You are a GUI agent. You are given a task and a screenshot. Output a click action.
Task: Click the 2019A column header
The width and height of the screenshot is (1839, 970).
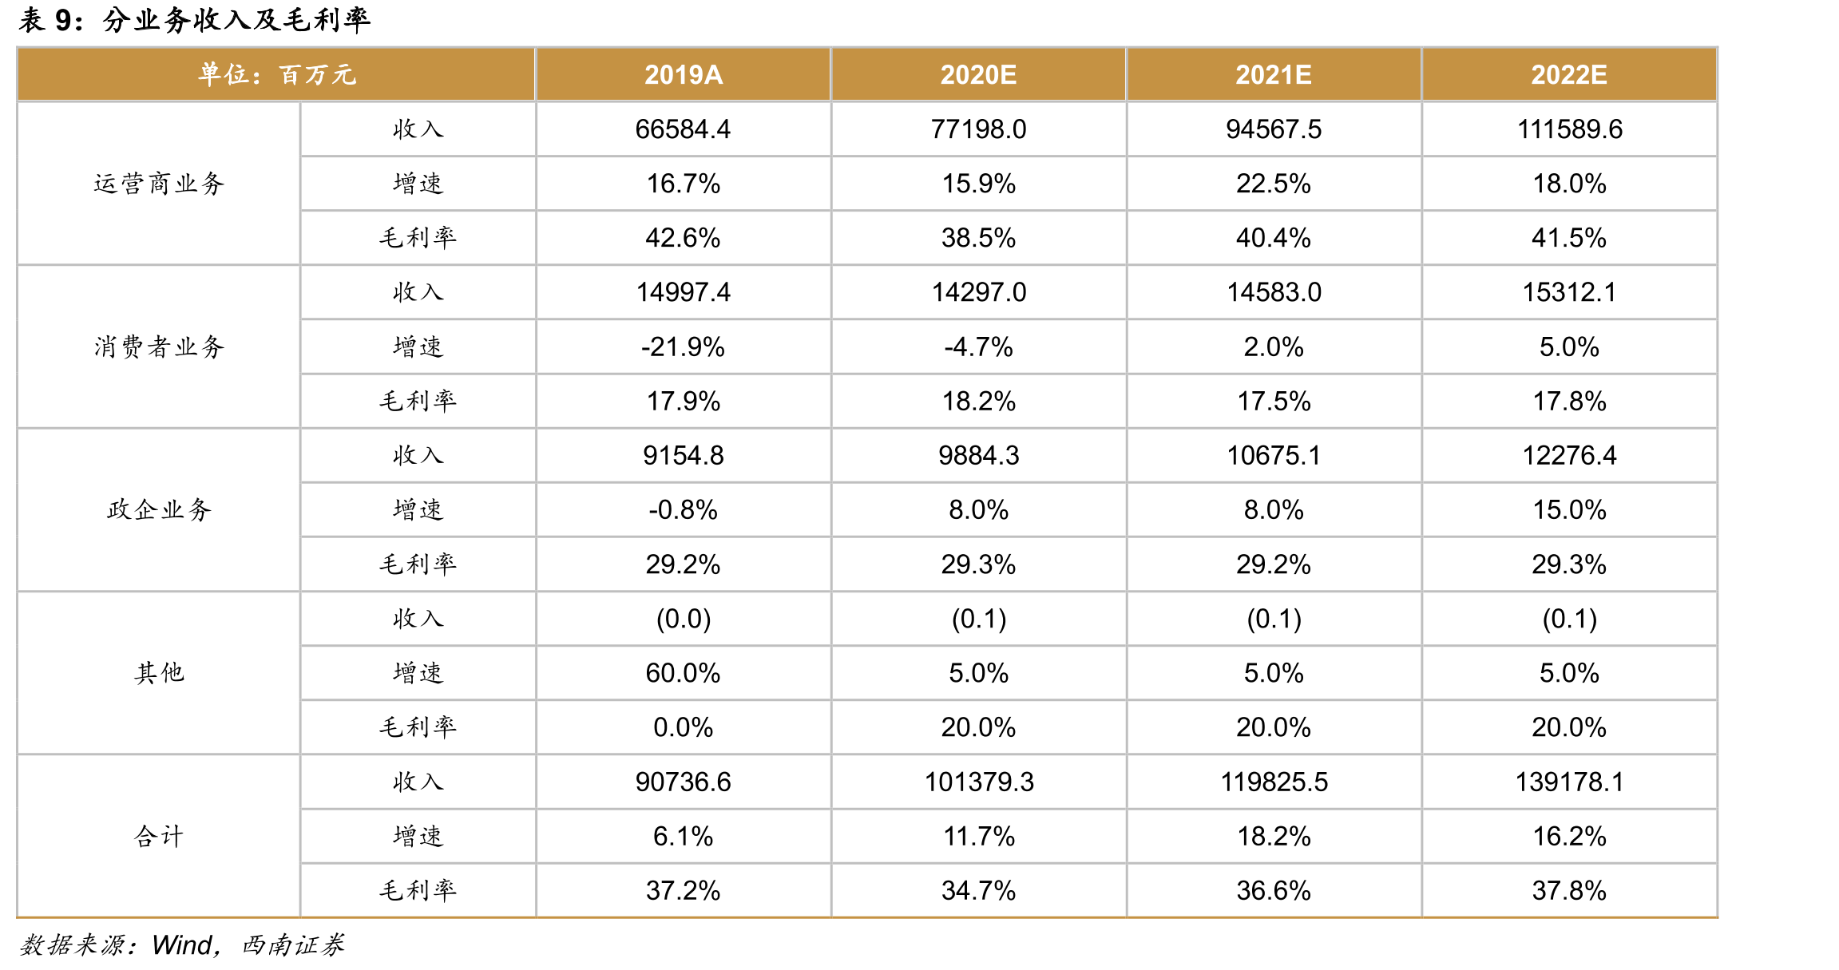point(684,75)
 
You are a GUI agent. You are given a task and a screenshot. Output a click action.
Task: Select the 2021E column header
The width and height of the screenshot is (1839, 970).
point(1274,75)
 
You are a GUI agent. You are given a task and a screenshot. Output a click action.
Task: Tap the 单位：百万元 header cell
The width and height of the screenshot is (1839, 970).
point(277,75)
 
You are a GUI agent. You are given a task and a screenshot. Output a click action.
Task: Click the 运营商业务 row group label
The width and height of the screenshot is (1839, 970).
point(159,184)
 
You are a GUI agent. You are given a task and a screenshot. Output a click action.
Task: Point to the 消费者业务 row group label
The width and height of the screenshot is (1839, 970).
point(159,346)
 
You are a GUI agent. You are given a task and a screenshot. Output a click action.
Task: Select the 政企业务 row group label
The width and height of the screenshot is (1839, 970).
point(159,509)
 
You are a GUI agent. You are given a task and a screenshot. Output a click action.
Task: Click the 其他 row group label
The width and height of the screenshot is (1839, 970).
point(159,673)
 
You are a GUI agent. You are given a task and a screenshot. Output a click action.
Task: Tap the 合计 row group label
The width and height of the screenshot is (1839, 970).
point(159,836)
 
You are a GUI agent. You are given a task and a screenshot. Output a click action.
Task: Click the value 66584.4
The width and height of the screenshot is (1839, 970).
point(684,129)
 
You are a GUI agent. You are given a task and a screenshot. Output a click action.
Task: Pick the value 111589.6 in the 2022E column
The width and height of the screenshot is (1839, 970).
point(1570,129)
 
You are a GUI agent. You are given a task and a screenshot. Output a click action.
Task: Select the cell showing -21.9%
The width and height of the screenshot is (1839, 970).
point(684,346)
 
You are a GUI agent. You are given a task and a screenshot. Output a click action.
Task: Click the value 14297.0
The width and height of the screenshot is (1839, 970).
point(979,292)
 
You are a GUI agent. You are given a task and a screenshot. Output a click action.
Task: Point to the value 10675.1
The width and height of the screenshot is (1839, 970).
point(1274,455)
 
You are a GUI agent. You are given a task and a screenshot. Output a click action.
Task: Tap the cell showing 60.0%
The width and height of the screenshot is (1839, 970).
point(684,673)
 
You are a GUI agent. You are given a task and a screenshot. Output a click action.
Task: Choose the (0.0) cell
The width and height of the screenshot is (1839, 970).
point(684,619)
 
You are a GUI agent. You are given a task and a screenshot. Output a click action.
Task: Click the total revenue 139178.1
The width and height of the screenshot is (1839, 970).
point(1570,782)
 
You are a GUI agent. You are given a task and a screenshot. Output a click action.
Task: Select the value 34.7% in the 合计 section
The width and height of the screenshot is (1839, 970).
point(979,890)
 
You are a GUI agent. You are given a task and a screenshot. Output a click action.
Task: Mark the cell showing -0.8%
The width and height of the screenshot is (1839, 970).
point(684,509)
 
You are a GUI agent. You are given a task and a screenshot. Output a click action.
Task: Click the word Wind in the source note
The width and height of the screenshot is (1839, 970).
point(182,945)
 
